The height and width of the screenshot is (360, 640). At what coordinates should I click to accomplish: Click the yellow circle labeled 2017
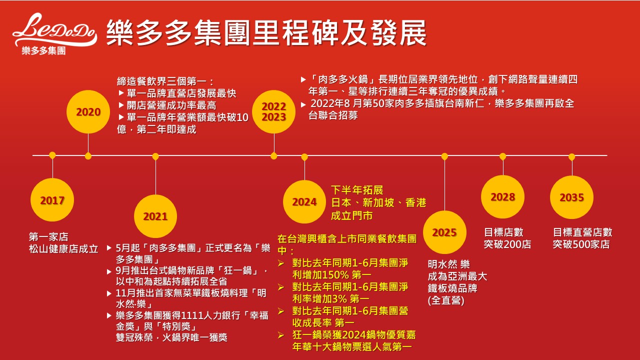point(52,199)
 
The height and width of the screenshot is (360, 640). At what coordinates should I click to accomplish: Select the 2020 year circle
point(88,111)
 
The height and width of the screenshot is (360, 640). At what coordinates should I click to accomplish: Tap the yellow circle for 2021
point(155,216)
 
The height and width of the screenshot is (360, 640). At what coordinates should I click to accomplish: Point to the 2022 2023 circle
point(273,111)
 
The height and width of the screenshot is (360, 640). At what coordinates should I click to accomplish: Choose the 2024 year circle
point(304,201)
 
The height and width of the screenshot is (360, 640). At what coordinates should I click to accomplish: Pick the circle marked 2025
point(444,232)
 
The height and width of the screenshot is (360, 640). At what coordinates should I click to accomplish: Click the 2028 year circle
point(503,197)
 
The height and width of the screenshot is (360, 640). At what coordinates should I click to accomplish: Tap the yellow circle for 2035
point(571,197)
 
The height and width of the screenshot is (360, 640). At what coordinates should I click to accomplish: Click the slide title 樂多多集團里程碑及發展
point(266,32)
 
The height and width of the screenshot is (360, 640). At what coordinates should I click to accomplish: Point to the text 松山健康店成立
point(63,249)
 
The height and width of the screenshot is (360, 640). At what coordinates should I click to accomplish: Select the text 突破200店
point(507,244)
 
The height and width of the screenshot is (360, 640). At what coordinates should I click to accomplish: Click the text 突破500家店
point(581,244)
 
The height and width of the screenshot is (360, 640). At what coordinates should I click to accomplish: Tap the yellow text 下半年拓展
point(357,190)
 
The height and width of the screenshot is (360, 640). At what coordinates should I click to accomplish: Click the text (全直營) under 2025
point(446,300)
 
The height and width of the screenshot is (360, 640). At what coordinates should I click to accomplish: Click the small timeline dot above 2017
point(52,155)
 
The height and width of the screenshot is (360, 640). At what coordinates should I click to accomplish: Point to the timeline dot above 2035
point(571,157)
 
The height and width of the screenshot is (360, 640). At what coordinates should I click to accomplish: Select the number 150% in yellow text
point(335,275)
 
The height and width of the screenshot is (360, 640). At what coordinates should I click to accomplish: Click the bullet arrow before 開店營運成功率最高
point(121,105)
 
